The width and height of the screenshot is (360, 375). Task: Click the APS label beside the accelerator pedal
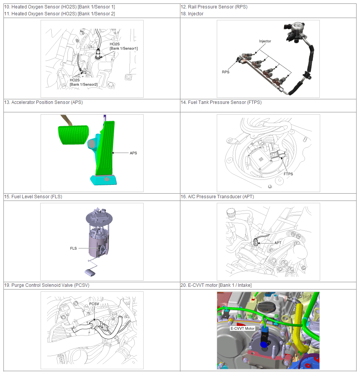click(x=133, y=153)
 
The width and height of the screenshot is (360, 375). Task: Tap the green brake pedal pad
click(x=73, y=135)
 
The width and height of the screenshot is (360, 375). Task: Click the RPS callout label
click(x=226, y=72)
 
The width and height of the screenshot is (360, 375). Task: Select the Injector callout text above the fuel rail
click(x=265, y=41)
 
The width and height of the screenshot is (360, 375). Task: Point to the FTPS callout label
click(x=288, y=174)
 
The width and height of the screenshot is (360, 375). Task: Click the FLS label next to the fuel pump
click(x=73, y=248)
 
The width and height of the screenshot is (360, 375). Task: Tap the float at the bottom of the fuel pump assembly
click(x=90, y=272)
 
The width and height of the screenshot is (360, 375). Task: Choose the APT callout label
click(x=278, y=243)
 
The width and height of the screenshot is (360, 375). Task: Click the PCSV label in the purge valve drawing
click(x=94, y=304)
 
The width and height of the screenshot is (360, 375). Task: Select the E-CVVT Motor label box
click(x=242, y=328)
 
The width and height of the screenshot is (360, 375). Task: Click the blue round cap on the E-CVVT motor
click(x=263, y=344)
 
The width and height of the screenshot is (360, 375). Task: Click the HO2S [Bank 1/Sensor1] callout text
click(x=123, y=46)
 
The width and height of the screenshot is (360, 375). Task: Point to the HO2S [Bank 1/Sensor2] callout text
click(x=83, y=82)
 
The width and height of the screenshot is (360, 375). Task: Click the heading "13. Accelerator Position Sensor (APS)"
click(x=44, y=102)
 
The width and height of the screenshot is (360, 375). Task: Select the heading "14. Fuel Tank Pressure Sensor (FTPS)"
click(x=221, y=102)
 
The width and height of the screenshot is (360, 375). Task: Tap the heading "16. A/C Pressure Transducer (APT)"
click(x=217, y=197)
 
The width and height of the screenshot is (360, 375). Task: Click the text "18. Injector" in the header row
click(x=192, y=14)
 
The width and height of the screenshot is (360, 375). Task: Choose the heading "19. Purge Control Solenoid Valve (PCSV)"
click(x=47, y=285)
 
